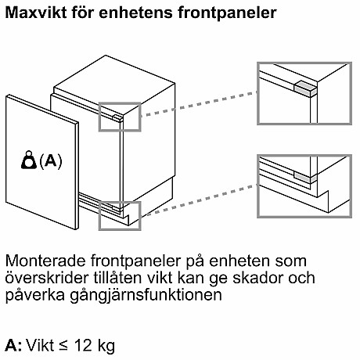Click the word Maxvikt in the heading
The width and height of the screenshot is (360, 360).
tap(36, 13)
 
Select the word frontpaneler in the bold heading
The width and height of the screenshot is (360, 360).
tap(227, 13)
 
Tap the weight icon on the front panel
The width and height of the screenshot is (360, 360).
tap(29, 160)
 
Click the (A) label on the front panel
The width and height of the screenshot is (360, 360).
tap(51, 161)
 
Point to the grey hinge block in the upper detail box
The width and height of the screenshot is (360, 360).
tap(305, 87)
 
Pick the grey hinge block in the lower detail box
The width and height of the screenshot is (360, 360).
tap(305, 176)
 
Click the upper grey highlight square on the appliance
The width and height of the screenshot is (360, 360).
tap(120, 117)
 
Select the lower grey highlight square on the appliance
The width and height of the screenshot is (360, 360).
tap(120, 216)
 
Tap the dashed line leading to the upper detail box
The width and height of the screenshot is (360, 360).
tap(199, 103)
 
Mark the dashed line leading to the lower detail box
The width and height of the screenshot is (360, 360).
tap(199, 200)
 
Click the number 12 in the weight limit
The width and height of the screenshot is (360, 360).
tap(83, 345)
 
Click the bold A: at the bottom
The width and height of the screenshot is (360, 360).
tap(14, 345)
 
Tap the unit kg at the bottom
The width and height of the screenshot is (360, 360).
tap(106, 347)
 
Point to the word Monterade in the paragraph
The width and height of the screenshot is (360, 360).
tap(46, 261)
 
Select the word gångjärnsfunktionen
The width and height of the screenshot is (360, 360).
tap(146, 296)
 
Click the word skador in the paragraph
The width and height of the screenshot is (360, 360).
tap(258, 278)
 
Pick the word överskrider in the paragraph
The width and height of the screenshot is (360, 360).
tap(47, 278)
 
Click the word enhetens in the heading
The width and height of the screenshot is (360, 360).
tap(135, 13)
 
